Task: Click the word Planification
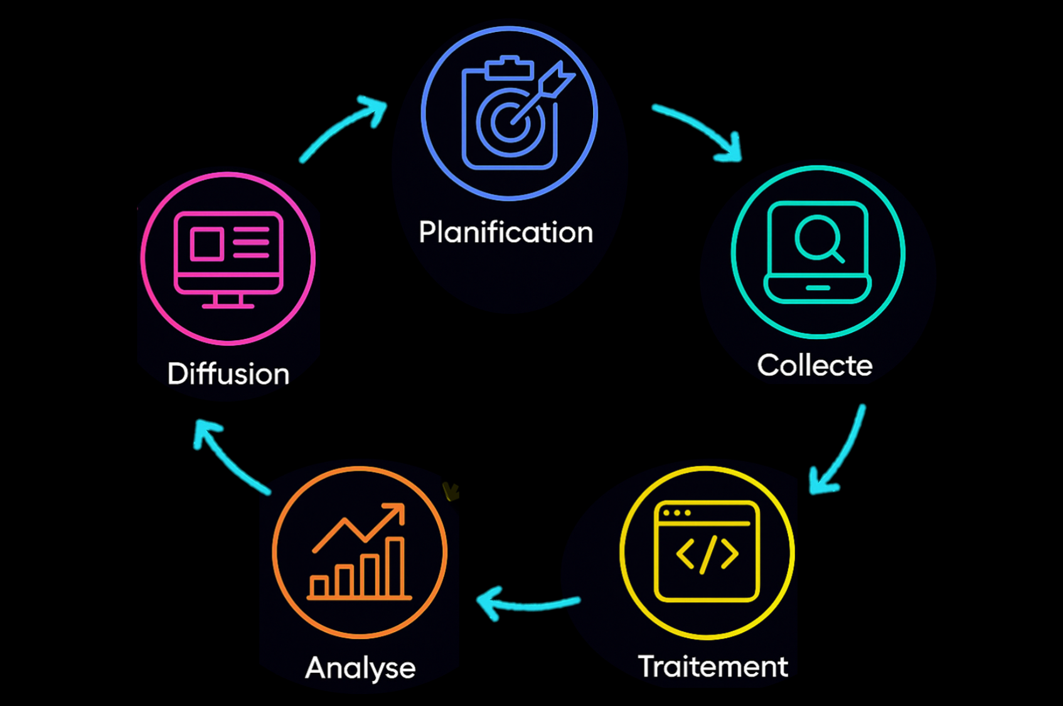506,233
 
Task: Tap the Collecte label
815,365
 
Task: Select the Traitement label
713,666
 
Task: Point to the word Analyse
360,667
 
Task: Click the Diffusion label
228,374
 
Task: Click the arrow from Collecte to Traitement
841,452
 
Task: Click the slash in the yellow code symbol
707,554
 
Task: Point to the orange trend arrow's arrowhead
397,511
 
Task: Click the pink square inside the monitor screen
206,243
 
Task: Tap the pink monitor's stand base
228,306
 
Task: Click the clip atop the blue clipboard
509,67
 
